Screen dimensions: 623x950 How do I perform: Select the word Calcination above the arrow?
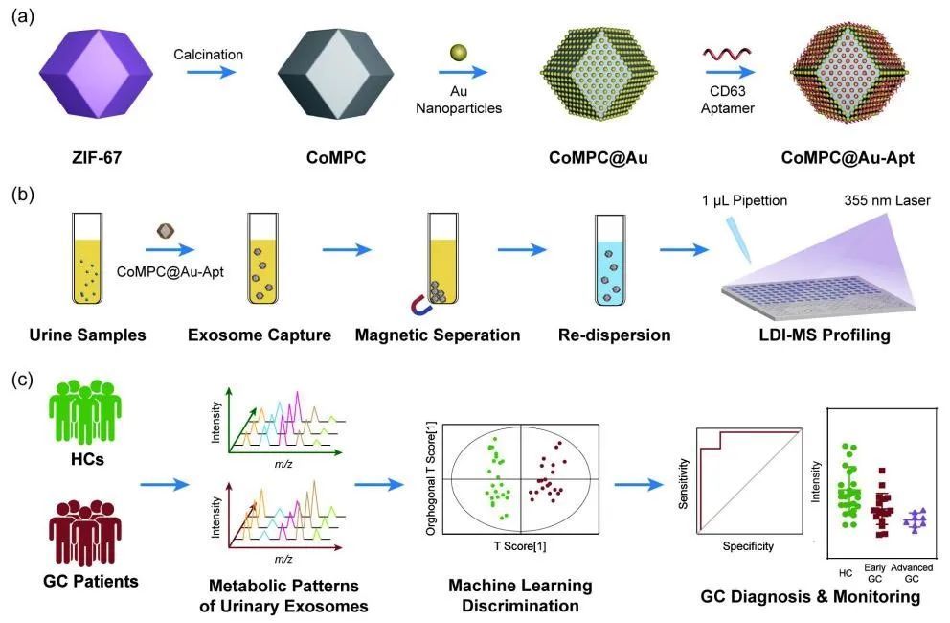click(208, 55)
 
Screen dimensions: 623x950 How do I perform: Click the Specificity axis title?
click(749, 547)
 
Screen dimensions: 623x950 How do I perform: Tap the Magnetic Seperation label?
click(438, 335)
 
